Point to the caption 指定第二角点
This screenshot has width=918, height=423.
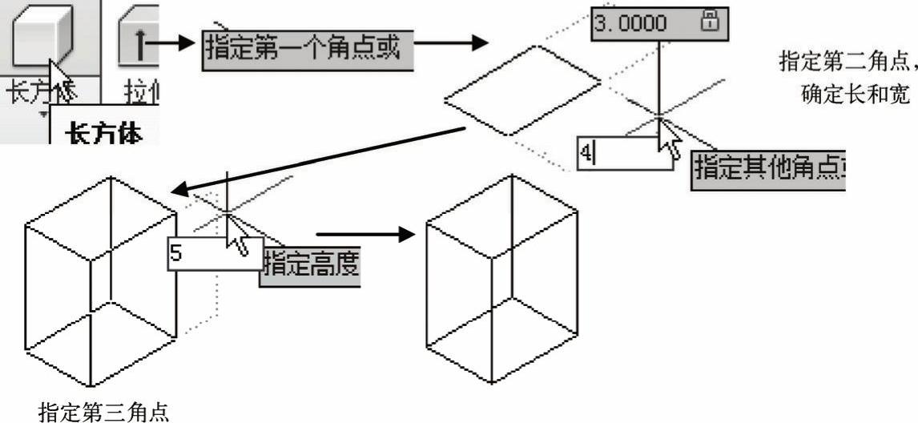pyautogui.click(x=848, y=60)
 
